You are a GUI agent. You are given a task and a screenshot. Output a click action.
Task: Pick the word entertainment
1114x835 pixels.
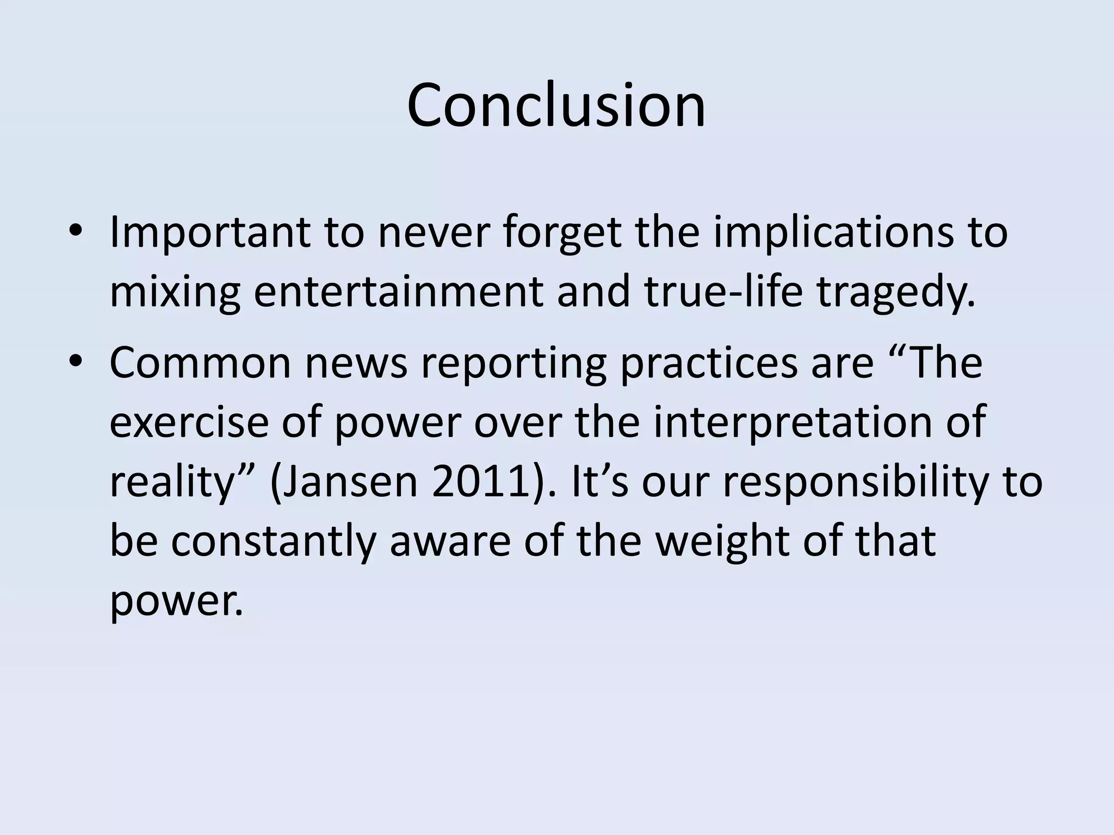pyautogui.click(x=399, y=292)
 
